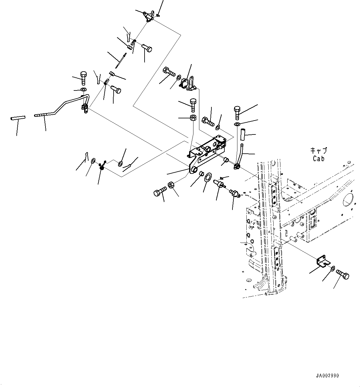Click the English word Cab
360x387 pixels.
click(318, 158)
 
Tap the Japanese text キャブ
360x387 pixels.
click(319, 151)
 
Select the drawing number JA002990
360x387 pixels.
click(327, 376)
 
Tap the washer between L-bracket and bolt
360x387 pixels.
click(332, 268)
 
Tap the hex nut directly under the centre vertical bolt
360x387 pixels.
click(192, 118)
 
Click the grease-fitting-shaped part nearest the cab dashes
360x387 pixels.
click(234, 194)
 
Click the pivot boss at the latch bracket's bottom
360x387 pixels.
click(194, 169)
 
